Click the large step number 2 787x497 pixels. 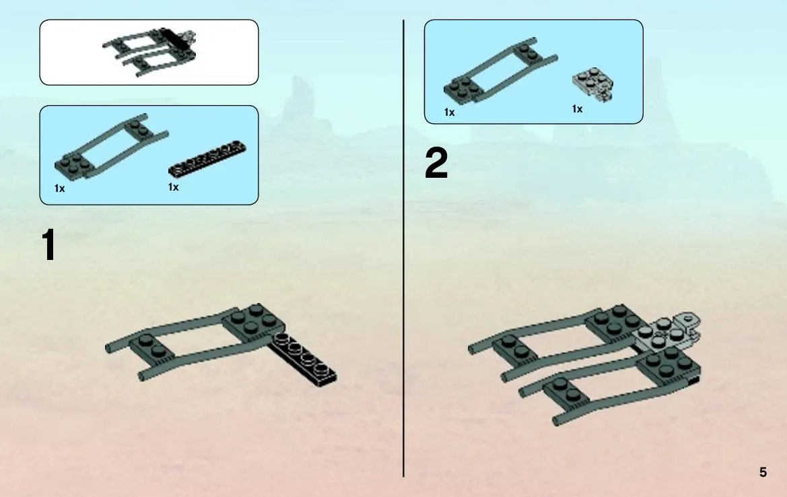tap(436, 163)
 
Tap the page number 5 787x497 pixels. tap(763, 472)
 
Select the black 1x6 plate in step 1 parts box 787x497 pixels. tap(207, 159)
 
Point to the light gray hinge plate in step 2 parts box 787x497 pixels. tap(592, 85)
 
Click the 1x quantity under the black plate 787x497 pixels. tap(173, 187)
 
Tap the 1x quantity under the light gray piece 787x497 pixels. tap(577, 109)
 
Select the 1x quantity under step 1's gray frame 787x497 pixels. tap(60, 189)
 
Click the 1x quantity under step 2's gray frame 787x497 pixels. tap(449, 112)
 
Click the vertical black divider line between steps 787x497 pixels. tap(403, 249)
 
